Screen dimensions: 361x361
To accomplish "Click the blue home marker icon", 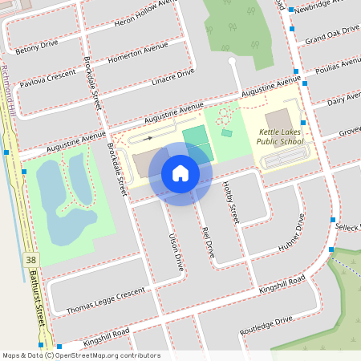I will pos(180,173).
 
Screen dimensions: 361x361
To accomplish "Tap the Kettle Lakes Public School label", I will pos(281,136).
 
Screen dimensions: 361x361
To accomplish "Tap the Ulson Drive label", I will pos(171,250).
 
